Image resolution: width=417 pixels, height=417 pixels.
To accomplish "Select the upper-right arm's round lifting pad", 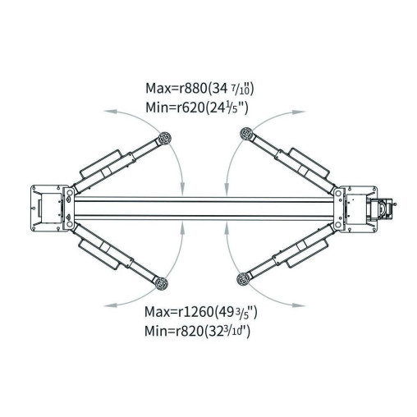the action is coord(246,134).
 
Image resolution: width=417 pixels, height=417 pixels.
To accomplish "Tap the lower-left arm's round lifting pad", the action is coord(161,282).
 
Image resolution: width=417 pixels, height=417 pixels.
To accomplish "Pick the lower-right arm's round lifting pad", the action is coord(243,279).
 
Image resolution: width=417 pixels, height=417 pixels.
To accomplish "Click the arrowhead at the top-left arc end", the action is coord(111,112).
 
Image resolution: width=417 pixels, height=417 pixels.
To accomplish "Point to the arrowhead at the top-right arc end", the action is coord(298,112).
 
